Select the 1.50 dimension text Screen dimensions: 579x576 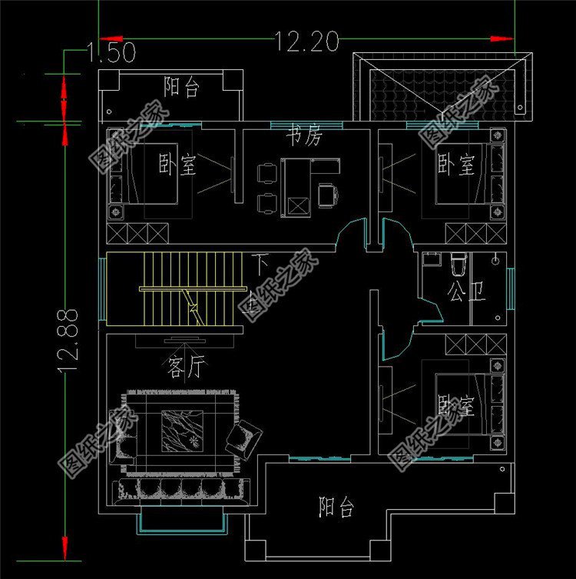[x=112, y=53]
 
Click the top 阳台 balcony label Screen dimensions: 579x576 [x=182, y=87]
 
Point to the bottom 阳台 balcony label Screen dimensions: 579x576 [x=336, y=507]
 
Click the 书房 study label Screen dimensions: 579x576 [x=303, y=137]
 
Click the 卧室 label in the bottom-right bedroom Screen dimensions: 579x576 [x=455, y=405]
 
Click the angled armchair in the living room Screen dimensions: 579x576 [x=243, y=440]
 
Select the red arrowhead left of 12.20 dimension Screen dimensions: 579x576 [x=111, y=37]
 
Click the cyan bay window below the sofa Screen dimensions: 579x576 [x=181, y=524]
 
